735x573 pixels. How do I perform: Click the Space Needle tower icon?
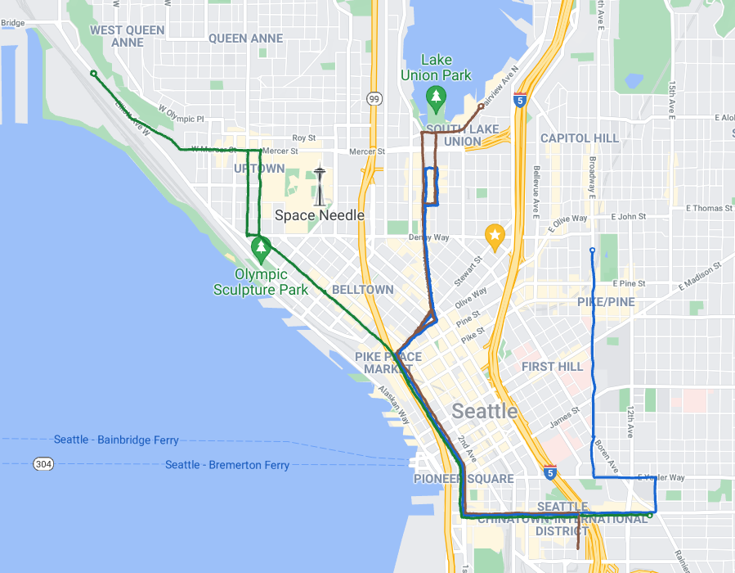pyautogui.click(x=320, y=187)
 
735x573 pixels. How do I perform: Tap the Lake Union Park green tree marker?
pyautogui.click(x=437, y=99)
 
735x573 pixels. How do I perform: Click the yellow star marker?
pyautogui.click(x=494, y=237)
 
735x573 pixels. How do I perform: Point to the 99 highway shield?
pyautogui.click(x=374, y=99)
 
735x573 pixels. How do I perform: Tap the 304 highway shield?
pyautogui.click(x=44, y=464)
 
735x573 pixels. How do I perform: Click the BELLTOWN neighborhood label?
pyautogui.click(x=363, y=290)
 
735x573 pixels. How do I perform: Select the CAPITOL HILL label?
pyautogui.click(x=580, y=138)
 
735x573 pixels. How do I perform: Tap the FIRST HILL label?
pyautogui.click(x=553, y=366)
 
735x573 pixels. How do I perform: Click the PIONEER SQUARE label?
pyautogui.click(x=464, y=479)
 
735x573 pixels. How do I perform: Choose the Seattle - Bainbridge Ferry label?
pyautogui.click(x=116, y=440)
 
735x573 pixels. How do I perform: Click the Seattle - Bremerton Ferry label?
pyautogui.click(x=227, y=465)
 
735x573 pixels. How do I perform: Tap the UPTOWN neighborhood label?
pyautogui.click(x=259, y=169)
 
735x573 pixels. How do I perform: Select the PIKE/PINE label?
pyautogui.click(x=606, y=302)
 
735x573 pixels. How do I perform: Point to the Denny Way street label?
pyautogui.click(x=428, y=237)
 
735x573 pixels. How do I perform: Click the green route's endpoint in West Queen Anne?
pyautogui.click(x=93, y=74)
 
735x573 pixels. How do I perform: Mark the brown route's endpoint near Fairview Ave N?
pyautogui.click(x=481, y=106)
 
